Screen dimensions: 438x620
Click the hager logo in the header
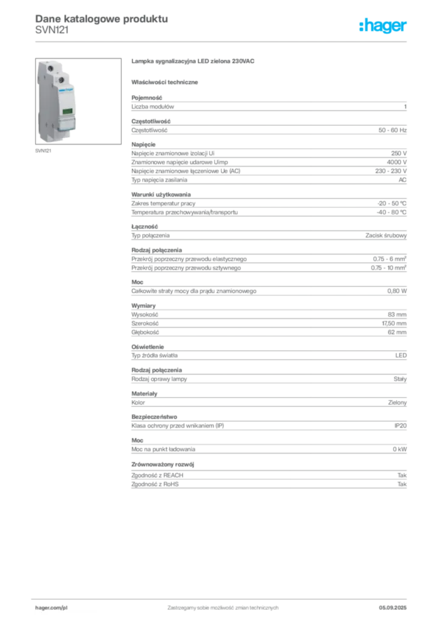click(382, 25)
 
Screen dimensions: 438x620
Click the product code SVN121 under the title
click(52, 30)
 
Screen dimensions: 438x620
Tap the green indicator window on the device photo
click(68, 111)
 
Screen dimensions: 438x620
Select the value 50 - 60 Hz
click(392, 130)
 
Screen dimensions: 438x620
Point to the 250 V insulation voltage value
click(399, 153)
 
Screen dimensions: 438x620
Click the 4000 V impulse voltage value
click(396, 162)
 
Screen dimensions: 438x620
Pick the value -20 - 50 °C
click(391, 203)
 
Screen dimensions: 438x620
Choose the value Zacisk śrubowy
click(386, 236)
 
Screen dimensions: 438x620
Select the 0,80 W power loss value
click(397, 291)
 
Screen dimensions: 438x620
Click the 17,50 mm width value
click(394, 323)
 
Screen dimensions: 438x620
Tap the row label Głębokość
click(145, 332)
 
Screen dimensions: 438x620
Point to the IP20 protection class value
click(400, 426)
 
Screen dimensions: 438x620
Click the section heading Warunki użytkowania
click(161, 194)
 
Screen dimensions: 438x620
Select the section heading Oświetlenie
click(148, 347)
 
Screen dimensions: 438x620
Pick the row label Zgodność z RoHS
click(155, 484)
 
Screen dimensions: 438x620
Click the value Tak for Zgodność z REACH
click(402, 475)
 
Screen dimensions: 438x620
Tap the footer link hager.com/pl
click(51, 608)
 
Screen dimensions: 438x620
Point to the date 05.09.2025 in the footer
click(393, 608)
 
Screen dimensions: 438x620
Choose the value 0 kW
click(400, 449)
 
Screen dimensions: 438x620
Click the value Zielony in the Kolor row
click(397, 403)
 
